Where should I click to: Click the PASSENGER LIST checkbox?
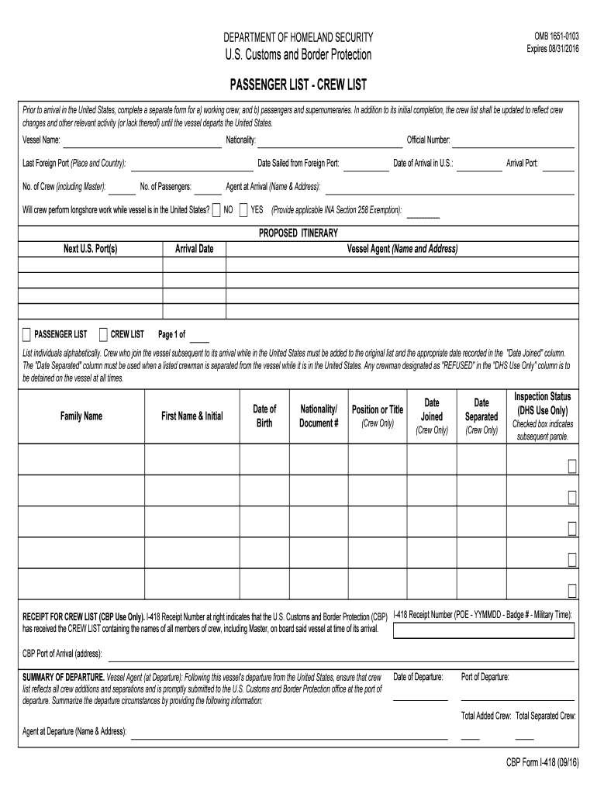coord(26,335)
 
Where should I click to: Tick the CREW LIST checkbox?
coord(103,335)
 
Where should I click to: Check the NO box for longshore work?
coord(216,209)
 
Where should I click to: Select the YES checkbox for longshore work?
coord(243,209)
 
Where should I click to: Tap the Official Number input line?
coord(513,141)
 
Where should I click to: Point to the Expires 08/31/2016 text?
coord(553,48)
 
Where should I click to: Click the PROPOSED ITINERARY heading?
coord(298,233)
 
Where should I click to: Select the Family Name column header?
coord(81,416)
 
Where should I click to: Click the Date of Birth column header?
coord(264,416)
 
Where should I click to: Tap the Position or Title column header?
coord(378,409)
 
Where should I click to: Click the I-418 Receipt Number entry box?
coord(484,630)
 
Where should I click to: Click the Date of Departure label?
coord(418,677)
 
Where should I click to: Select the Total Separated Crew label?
coord(546,716)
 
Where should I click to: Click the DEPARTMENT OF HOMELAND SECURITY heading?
coord(298,37)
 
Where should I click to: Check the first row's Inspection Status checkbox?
coord(571,466)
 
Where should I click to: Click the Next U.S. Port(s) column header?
coord(90,249)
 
